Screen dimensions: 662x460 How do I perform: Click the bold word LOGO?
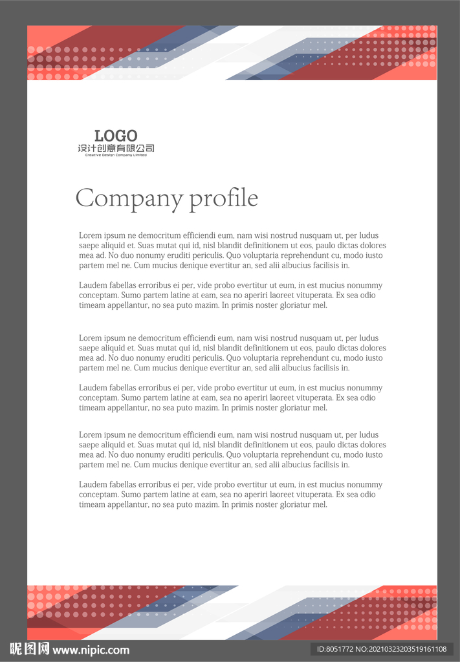tap(116, 136)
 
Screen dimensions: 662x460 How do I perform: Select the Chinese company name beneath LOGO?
tap(116, 149)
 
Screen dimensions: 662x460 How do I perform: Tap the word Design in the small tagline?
tap(107, 155)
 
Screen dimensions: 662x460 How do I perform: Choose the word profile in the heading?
tap(223, 198)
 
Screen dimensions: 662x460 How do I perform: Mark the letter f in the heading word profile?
tap(232, 197)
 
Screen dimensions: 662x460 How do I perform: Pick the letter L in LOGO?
tap(98, 136)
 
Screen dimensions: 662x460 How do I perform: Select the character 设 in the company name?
tap(82, 149)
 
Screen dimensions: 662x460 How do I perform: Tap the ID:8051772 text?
tap(335, 649)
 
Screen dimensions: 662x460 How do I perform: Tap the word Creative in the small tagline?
tap(93, 155)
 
